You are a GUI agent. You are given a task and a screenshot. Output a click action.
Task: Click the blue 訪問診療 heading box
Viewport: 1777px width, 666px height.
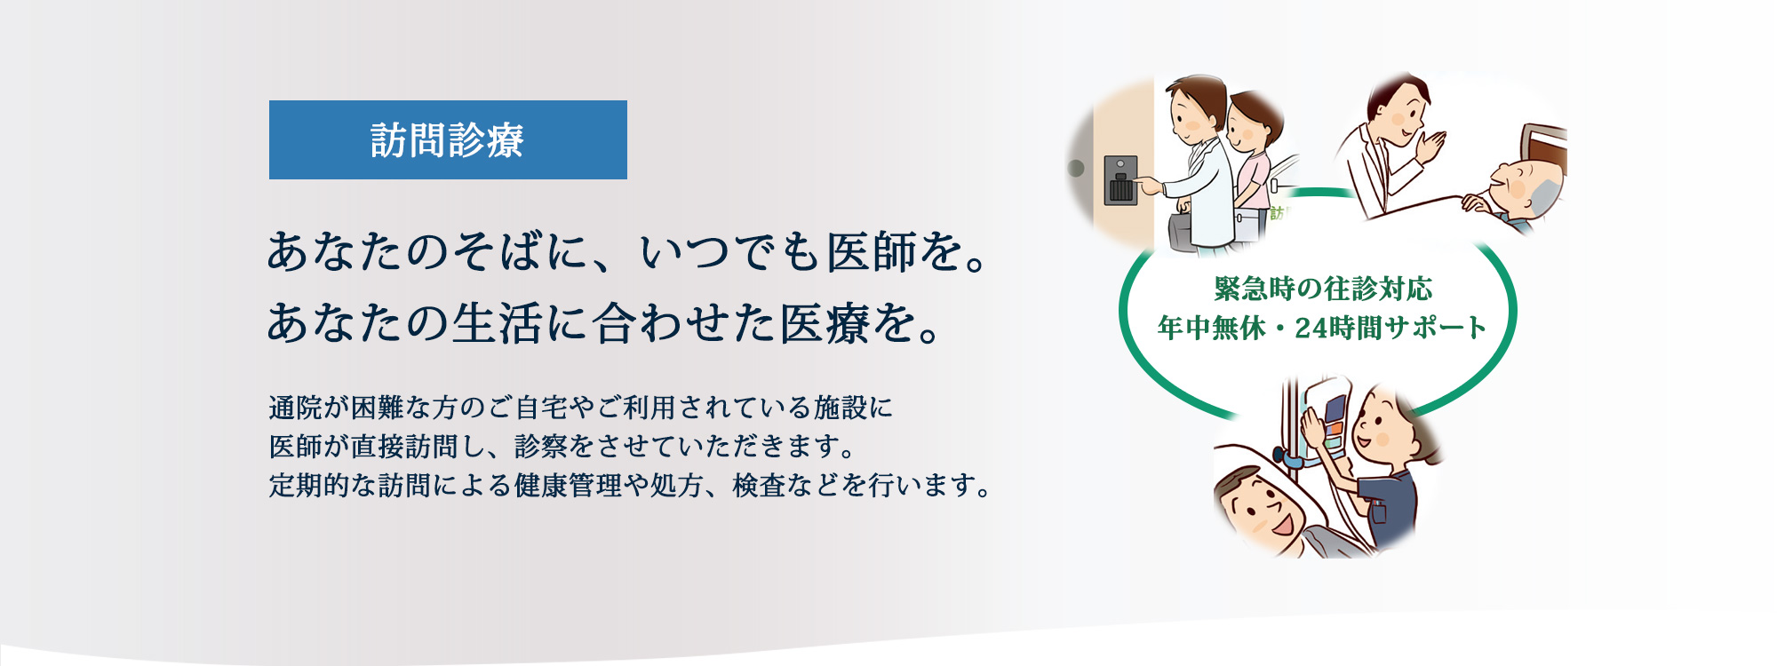pyautogui.click(x=448, y=140)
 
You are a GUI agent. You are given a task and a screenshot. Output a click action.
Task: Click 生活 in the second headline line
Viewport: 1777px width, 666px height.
pyautogui.click(x=497, y=323)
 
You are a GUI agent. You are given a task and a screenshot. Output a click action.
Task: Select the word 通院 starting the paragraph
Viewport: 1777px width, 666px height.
pyautogui.click(x=295, y=408)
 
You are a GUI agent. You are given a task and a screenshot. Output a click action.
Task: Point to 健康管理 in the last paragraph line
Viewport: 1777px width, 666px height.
pyautogui.click(x=568, y=486)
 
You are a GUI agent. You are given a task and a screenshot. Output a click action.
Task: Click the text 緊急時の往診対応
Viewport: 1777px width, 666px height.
pyautogui.click(x=1322, y=289)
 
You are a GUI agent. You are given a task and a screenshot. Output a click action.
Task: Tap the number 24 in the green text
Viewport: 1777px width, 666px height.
pyautogui.click(x=1311, y=329)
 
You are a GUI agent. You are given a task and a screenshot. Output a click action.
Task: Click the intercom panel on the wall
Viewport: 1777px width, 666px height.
pyautogui.click(x=1120, y=180)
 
